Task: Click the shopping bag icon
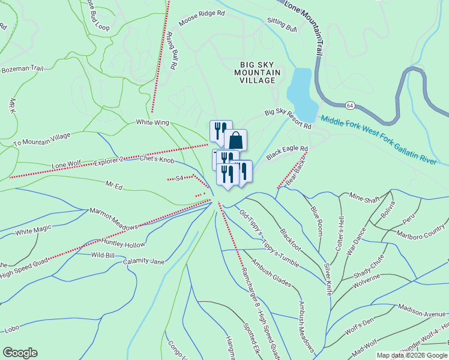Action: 237,140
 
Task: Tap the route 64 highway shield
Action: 349,105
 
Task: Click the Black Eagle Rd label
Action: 287,152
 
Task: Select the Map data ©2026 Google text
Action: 411,355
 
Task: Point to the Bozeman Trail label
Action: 23,69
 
